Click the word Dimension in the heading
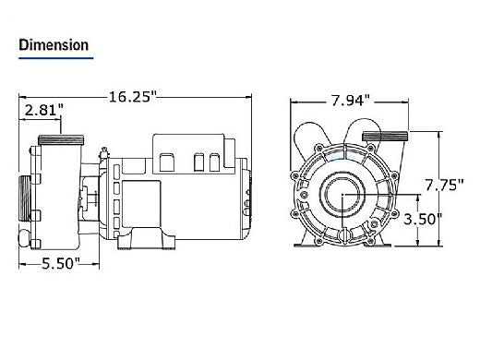[53, 44]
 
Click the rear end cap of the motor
[247, 198]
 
